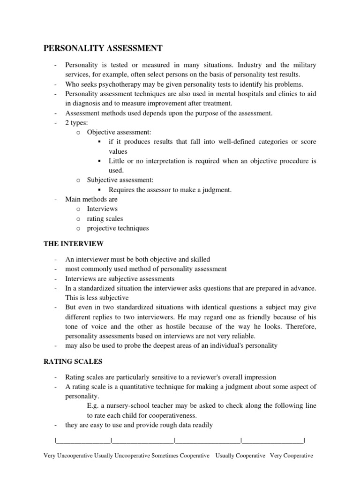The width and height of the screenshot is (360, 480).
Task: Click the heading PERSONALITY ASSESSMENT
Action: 103,48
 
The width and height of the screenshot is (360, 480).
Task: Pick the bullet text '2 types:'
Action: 77,123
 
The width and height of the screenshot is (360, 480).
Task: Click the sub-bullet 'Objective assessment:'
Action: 119,133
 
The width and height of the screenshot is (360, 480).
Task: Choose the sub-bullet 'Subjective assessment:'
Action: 120,180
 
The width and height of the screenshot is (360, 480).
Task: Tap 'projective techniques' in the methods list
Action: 118,228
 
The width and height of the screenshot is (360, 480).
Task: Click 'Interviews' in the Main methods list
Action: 102,209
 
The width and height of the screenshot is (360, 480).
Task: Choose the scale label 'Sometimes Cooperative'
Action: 180,456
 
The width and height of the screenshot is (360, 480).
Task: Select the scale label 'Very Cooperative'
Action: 292,456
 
